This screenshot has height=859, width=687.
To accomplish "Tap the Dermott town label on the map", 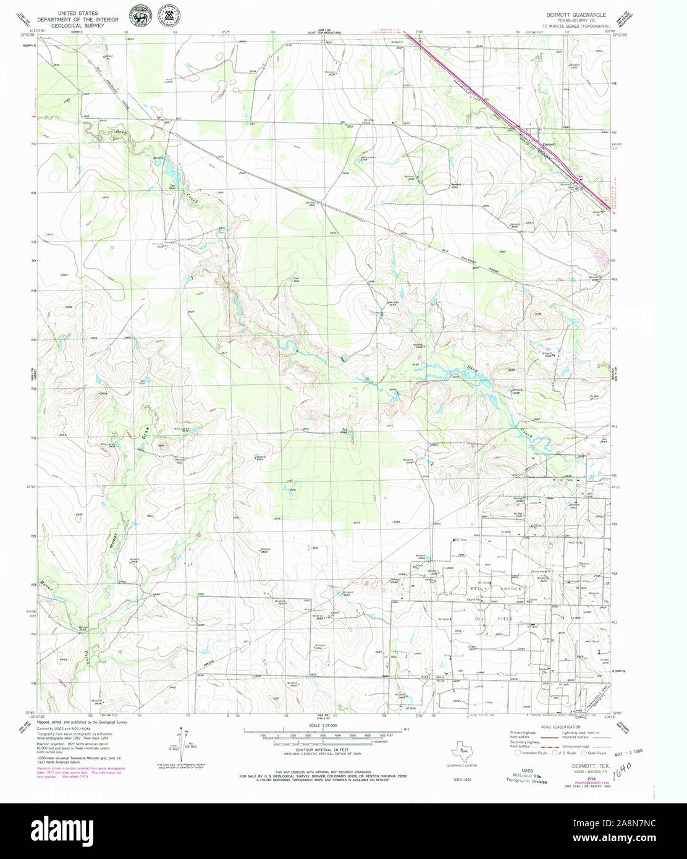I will (x=549, y=145).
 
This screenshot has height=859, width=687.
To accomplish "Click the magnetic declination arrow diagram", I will (x=183, y=745).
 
